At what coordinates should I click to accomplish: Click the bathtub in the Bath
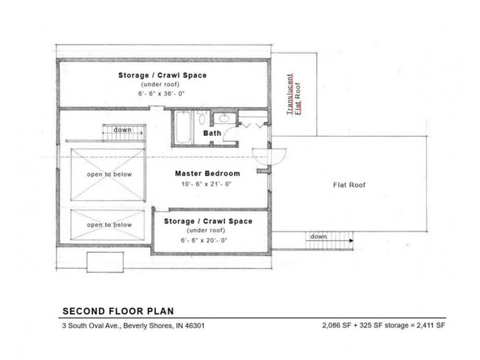tap(183, 127)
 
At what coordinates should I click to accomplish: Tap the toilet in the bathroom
tap(202, 118)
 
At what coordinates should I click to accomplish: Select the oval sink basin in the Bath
tap(224, 118)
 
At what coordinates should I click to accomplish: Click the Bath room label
tap(212, 133)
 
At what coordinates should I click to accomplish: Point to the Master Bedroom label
tap(208, 174)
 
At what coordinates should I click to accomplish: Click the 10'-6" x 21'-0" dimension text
tap(206, 184)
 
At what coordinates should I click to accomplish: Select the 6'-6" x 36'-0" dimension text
tap(161, 94)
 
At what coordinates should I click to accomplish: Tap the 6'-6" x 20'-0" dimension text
tap(204, 240)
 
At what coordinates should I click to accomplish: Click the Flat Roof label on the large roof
tap(349, 185)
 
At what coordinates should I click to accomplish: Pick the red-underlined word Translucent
tap(290, 94)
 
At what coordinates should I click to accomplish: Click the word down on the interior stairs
tap(123, 130)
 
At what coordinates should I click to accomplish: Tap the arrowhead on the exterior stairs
tap(352, 241)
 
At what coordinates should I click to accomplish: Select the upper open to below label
tap(109, 174)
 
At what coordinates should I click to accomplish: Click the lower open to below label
tap(109, 225)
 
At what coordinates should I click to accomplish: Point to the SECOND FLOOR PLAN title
tap(118, 311)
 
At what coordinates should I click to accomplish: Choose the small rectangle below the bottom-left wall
tap(106, 262)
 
